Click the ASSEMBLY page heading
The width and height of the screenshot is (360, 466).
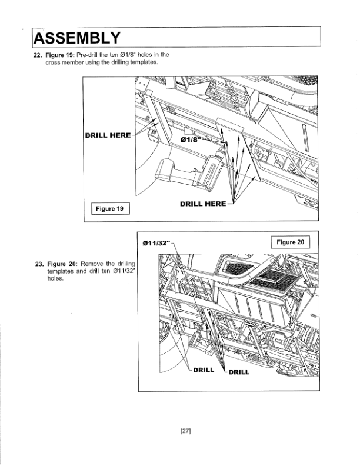click(78, 38)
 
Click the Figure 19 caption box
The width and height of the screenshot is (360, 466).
click(109, 209)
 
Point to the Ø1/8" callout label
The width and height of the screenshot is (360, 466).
click(192, 141)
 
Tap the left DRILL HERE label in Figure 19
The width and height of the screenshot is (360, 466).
click(108, 135)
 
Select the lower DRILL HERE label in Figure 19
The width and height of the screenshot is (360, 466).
click(202, 204)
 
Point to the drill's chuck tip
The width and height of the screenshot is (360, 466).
click(221, 151)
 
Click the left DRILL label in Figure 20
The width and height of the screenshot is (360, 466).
click(203, 370)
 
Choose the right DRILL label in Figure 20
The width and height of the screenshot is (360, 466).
click(238, 372)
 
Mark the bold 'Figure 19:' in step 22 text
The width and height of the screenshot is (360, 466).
click(60, 55)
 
